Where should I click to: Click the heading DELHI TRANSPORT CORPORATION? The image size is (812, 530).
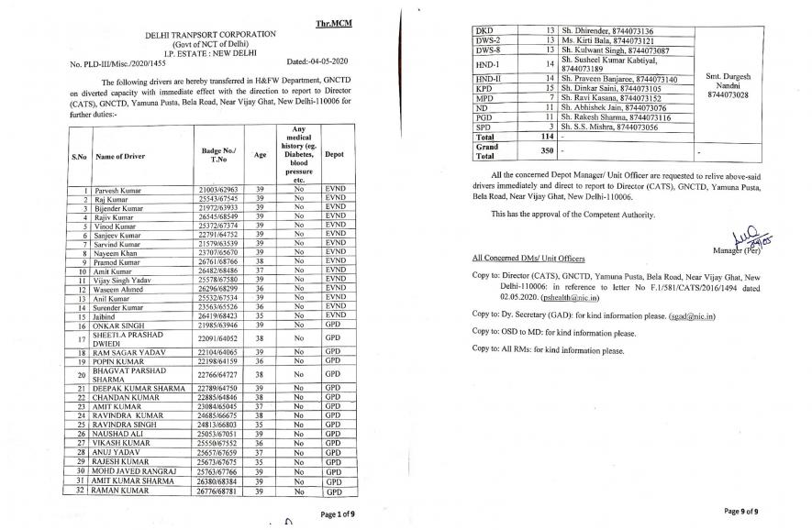click(210, 34)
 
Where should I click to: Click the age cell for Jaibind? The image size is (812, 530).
click(261, 316)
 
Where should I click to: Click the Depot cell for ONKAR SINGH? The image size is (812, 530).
click(333, 325)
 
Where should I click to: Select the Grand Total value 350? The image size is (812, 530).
click(548, 150)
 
